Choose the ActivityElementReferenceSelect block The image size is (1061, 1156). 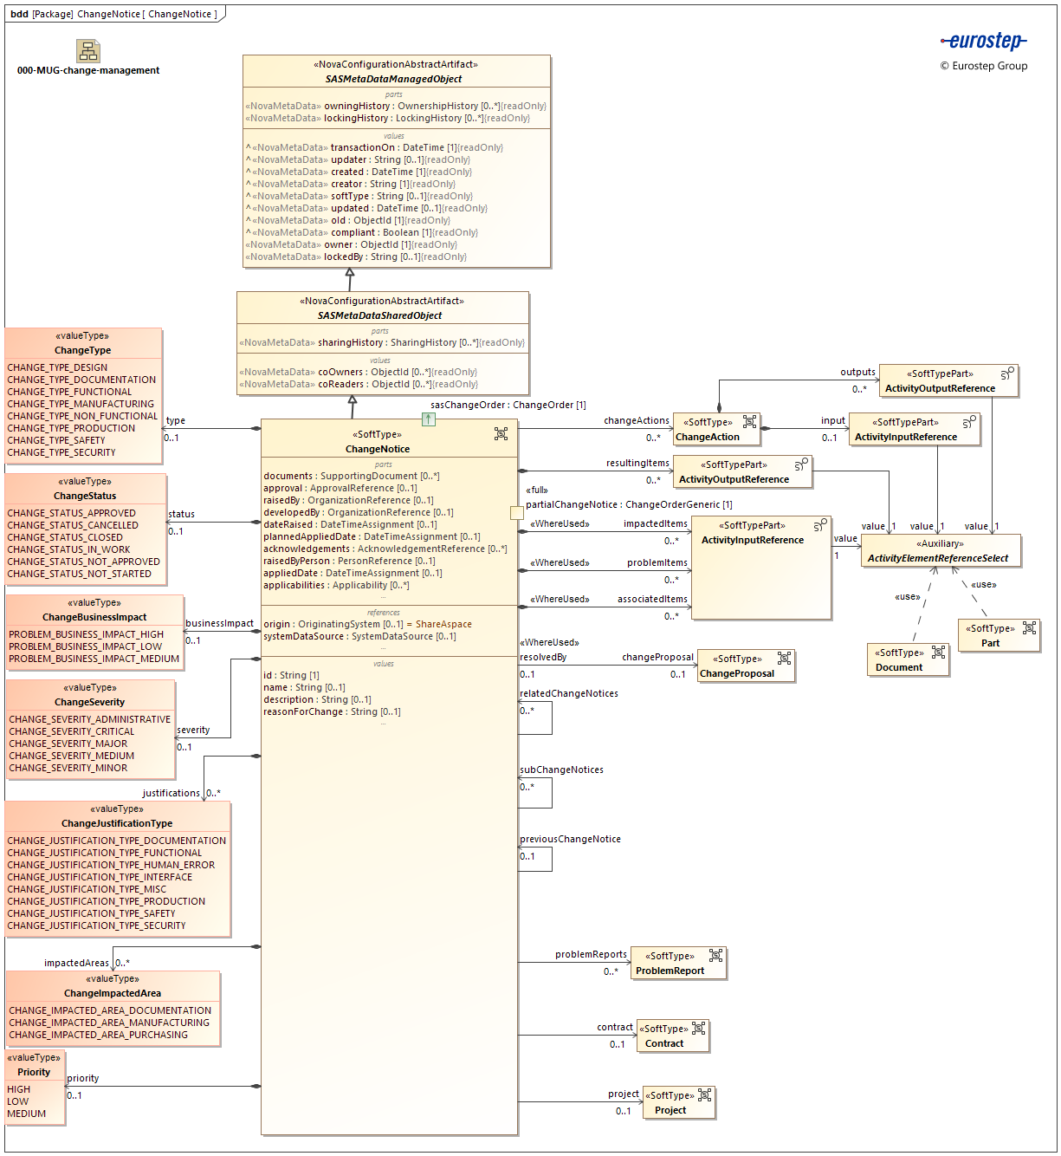[940, 551]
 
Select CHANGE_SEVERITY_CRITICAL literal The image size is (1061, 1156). [72, 731]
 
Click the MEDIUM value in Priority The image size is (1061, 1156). [27, 1114]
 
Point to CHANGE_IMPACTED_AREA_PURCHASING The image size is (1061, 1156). [98, 1035]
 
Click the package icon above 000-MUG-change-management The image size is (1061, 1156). [88, 50]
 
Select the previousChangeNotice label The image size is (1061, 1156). [570, 839]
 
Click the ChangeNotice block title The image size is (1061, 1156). [378, 449]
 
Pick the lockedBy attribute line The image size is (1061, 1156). [356, 257]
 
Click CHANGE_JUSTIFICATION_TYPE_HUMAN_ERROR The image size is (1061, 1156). [111, 865]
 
